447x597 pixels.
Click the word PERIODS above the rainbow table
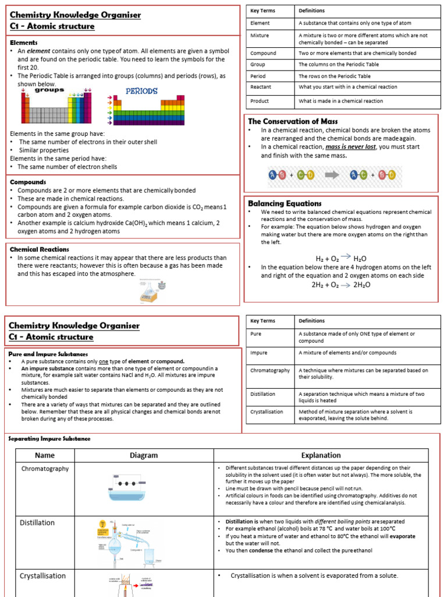(143, 92)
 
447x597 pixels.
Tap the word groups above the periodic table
(49, 90)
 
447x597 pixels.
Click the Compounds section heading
(28, 182)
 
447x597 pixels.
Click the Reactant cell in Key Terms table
(260, 87)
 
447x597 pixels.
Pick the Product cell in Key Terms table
(259, 101)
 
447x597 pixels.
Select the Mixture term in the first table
(260, 36)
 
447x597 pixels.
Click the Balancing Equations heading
(285, 203)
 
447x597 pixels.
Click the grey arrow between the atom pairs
(331, 174)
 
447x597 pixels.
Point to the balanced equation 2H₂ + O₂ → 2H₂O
(340, 285)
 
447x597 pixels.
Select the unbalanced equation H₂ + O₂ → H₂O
(340, 258)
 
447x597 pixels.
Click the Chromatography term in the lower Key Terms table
(269, 370)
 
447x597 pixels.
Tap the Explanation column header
(321, 455)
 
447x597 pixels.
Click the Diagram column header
(144, 455)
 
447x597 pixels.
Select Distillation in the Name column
(37, 522)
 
